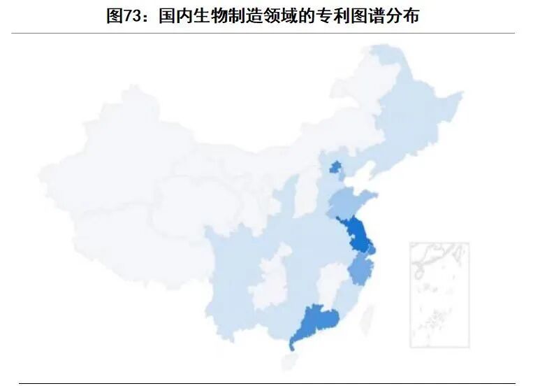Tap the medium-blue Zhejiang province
(362, 270)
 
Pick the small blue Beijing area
(335, 168)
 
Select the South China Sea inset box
(439, 294)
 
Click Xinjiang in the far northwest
(119, 161)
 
